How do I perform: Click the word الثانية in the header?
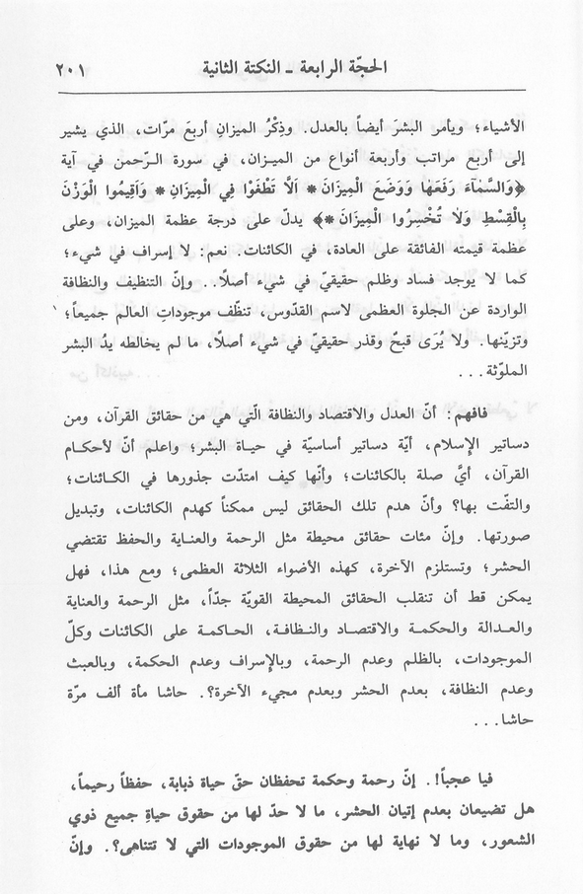point(225,71)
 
